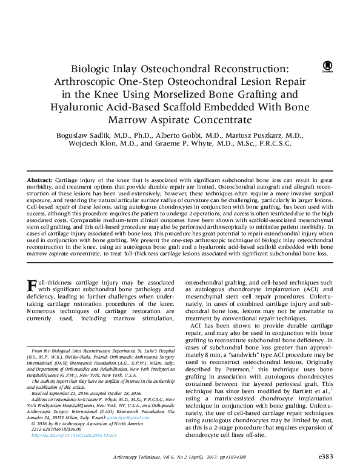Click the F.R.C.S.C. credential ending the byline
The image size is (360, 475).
click(270, 144)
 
